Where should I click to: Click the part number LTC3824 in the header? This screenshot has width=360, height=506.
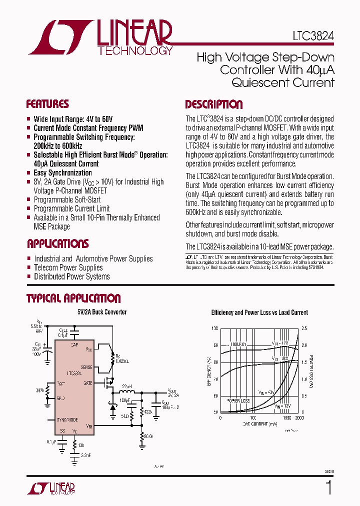[x=313, y=37]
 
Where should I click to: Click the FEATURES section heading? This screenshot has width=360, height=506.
[x=47, y=104]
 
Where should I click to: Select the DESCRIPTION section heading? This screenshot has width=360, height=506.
[x=214, y=105]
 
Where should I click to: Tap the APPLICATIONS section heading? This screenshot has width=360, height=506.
[x=57, y=244]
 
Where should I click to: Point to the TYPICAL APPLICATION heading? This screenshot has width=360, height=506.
[x=73, y=299]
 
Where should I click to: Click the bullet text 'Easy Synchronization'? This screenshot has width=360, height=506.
[x=62, y=173]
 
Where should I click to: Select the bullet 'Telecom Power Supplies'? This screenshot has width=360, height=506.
[x=68, y=267]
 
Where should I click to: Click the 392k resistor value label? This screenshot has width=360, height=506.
[x=148, y=412]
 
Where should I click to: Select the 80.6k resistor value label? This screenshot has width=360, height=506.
[x=148, y=436]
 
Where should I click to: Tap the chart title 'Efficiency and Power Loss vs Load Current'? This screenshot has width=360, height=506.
[x=259, y=312]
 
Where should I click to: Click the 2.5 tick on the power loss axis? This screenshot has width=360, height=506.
[x=303, y=328]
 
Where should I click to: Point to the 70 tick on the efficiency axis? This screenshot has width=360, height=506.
[x=215, y=379]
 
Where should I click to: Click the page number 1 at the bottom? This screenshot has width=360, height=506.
[x=329, y=487]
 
